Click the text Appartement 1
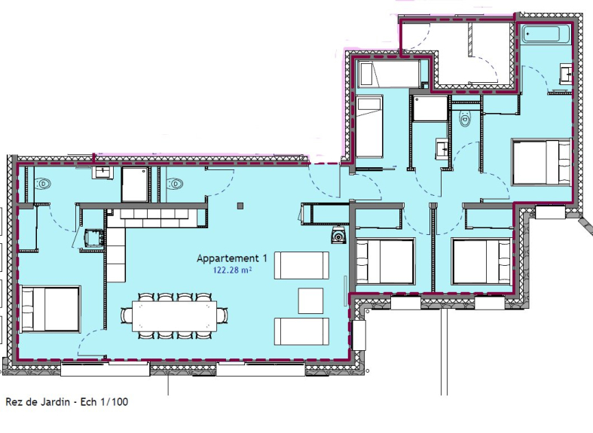[232, 258]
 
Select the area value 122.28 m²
[233, 270]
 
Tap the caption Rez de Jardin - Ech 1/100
[67, 401]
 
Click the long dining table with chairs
[174, 316]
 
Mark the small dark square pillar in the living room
[240, 206]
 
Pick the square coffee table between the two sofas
[311, 300]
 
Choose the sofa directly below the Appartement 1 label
[301, 265]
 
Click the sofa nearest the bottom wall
[301, 331]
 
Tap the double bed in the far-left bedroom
[50, 309]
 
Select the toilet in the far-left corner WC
[42, 184]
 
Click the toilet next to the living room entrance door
[174, 184]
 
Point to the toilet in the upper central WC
[465, 119]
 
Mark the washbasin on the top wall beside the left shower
[102, 172]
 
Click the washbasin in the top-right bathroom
[565, 74]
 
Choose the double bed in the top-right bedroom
[541, 162]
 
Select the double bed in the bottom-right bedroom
[481, 261]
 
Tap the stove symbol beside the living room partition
[338, 235]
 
